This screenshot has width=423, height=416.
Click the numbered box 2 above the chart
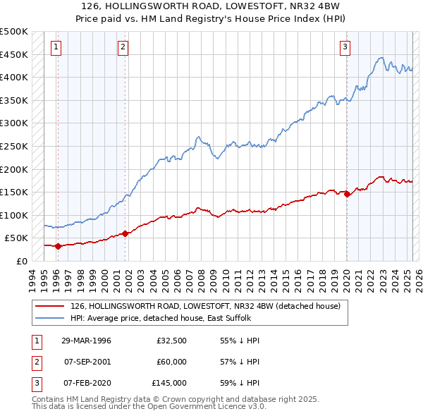[123, 47]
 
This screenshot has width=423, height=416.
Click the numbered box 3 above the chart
[345, 47]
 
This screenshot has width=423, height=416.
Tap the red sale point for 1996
[58, 246]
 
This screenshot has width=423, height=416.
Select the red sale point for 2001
[125, 233]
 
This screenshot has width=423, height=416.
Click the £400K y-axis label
[14, 77]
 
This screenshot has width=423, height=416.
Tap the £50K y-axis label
[17, 238]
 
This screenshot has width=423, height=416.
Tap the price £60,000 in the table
[172, 362]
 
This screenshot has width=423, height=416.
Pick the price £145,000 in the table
[169, 384]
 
